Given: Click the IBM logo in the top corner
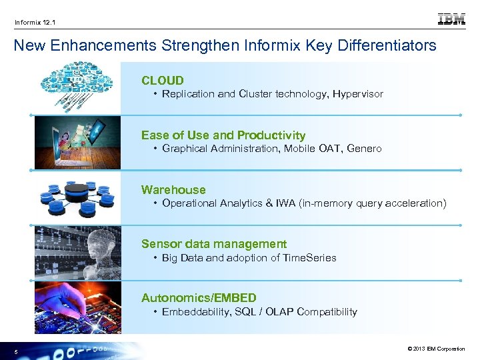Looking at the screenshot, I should point(451,19).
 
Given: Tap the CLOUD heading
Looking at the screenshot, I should point(162,81).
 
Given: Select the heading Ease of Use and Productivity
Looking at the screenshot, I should point(223,135).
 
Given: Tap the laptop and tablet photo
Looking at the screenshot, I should point(77,141).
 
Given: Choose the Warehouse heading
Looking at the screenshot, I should point(173,190).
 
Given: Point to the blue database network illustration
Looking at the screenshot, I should point(77,196).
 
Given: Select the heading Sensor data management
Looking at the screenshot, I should point(213,244).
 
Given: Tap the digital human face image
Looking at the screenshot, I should point(77,251).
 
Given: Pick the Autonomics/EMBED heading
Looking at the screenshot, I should point(199,298).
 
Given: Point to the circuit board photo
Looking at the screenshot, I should point(77,306).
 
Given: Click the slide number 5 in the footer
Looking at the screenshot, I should point(16,351).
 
